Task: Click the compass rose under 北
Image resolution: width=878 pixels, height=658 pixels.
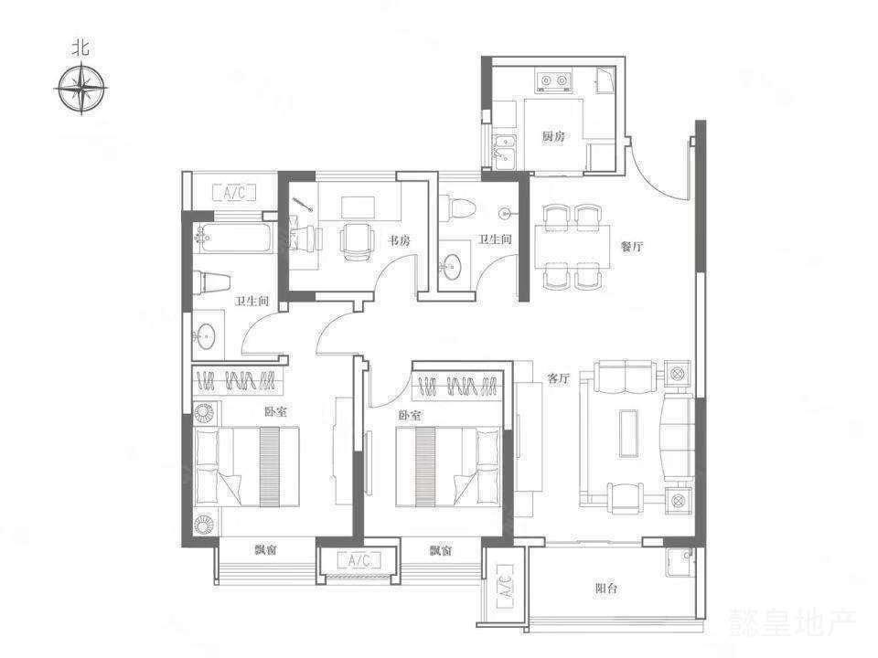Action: pyautogui.click(x=82, y=89)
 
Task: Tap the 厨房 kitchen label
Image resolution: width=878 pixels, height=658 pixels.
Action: pyautogui.click(x=553, y=136)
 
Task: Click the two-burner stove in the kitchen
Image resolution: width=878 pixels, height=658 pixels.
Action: pyautogui.click(x=554, y=81)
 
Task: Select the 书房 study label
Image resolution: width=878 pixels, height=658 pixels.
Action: pyautogui.click(x=400, y=240)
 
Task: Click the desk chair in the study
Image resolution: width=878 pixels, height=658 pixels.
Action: pyautogui.click(x=357, y=241)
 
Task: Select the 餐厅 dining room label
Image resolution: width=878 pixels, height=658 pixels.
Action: pyautogui.click(x=632, y=246)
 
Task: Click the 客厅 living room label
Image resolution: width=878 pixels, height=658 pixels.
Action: pyautogui.click(x=558, y=378)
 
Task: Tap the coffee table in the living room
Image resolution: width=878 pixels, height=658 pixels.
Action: pyautogui.click(x=628, y=434)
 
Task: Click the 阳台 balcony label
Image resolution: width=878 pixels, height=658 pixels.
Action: pyautogui.click(x=606, y=589)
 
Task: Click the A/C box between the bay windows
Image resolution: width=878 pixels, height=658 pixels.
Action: pyautogui.click(x=359, y=559)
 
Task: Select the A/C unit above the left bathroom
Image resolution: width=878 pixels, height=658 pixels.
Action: pyautogui.click(x=235, y=193)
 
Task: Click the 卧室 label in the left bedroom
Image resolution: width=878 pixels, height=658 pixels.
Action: pyautogui.click(x=275, y=412)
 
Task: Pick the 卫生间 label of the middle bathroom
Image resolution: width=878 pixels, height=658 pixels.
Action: pyautogui.click(x=495, y=239)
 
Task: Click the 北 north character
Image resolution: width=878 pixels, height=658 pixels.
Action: pyautogui.click(x=81, y=49)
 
